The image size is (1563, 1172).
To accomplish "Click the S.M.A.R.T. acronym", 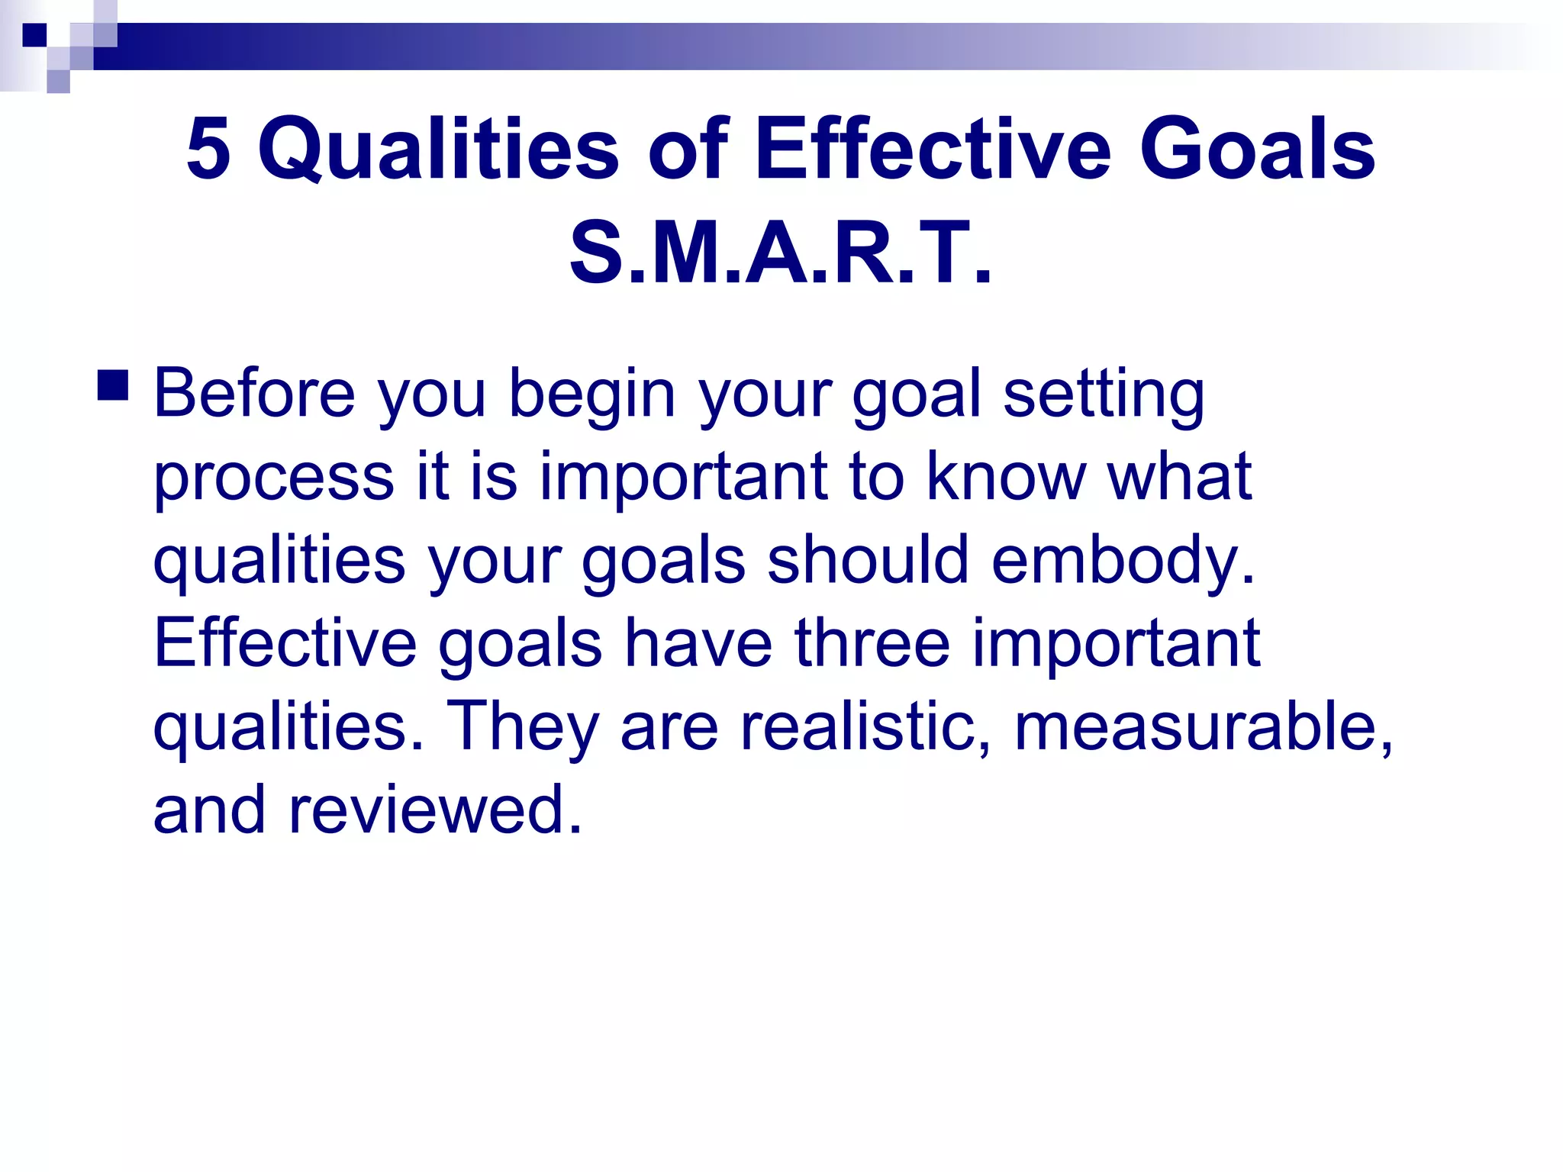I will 780,252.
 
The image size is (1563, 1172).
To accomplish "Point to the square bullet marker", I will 113,385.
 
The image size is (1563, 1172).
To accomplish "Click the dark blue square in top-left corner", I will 34,35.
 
